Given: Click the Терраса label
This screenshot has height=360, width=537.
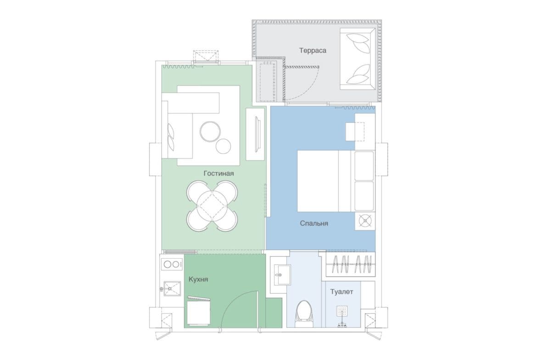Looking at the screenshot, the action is coord(313,50).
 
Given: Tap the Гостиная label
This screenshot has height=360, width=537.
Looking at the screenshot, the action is coord(218,173).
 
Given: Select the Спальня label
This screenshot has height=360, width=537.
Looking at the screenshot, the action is coord(313,223).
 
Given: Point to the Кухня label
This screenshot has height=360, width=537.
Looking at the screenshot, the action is coord(198,280).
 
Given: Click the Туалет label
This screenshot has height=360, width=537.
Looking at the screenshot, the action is coord(341,292).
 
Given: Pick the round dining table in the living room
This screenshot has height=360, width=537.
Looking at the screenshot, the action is coord(213,206).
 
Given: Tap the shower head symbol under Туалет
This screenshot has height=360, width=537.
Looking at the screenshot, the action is coord(342,312).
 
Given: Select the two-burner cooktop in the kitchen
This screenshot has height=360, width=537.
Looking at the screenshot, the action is coord(172,264).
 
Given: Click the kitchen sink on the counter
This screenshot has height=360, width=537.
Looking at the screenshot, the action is coord(172,288).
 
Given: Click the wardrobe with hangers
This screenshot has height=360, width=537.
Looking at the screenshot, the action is coord(350,264).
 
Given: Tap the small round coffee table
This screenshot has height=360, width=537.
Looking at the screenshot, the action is coord(224,146).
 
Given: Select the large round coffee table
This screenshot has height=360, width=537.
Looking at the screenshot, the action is coord(210,132).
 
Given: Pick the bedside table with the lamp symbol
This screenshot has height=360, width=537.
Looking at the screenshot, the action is coord(365,221).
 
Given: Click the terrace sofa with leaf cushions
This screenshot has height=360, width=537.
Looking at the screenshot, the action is coord(357,59).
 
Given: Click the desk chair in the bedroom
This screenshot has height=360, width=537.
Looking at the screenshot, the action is coord(355,132).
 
